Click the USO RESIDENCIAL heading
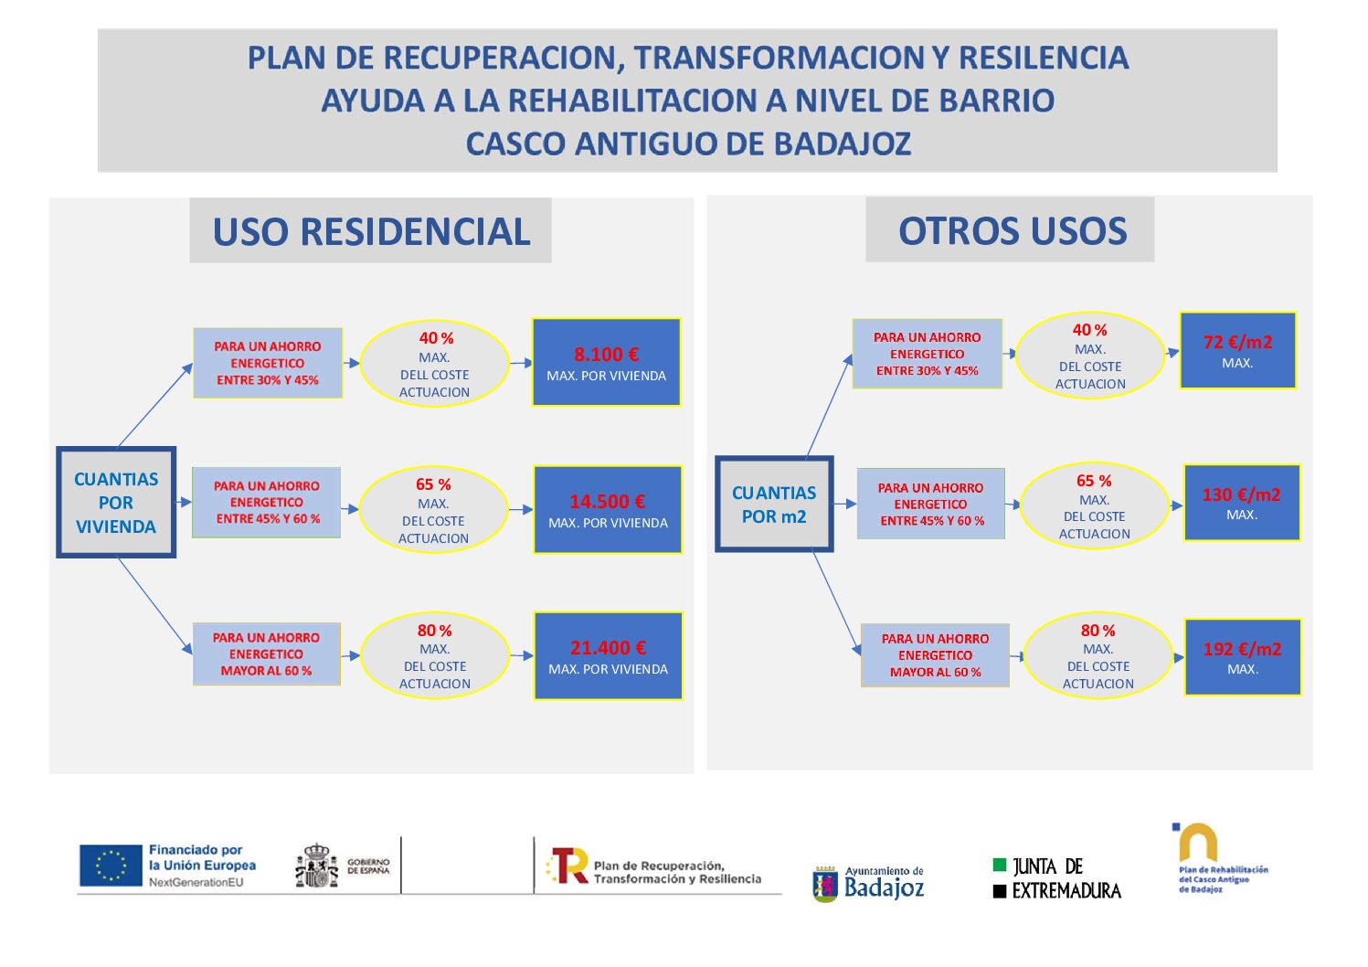(x=371, y=231)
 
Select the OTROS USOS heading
(x=1012, y=230)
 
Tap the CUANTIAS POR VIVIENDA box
(x=116, y=503)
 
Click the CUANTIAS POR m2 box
(x=774, y=505)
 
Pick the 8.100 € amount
(x=607, y=355)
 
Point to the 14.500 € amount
(x=608, y=502)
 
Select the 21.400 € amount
(x=609, y=648)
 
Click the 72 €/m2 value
(x=1237, y=342)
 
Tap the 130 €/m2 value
(x=1241, y=494)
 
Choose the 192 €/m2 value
(x=1242, y=649)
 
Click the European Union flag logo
(x=111, y=866)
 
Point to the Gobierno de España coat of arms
(x=316, y=866)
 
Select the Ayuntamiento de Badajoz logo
(x=869, y=883)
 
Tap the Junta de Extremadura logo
(x=1056, y=878)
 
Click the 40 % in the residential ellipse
(x=436, y=338)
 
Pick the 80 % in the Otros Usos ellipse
(x=1098, y=631)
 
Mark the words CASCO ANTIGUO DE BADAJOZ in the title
(x=688, y=143)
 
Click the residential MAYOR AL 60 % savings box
(x=267, y=654)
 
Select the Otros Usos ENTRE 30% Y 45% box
(x=928, y=354)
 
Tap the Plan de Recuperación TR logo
(x=568, y=866)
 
